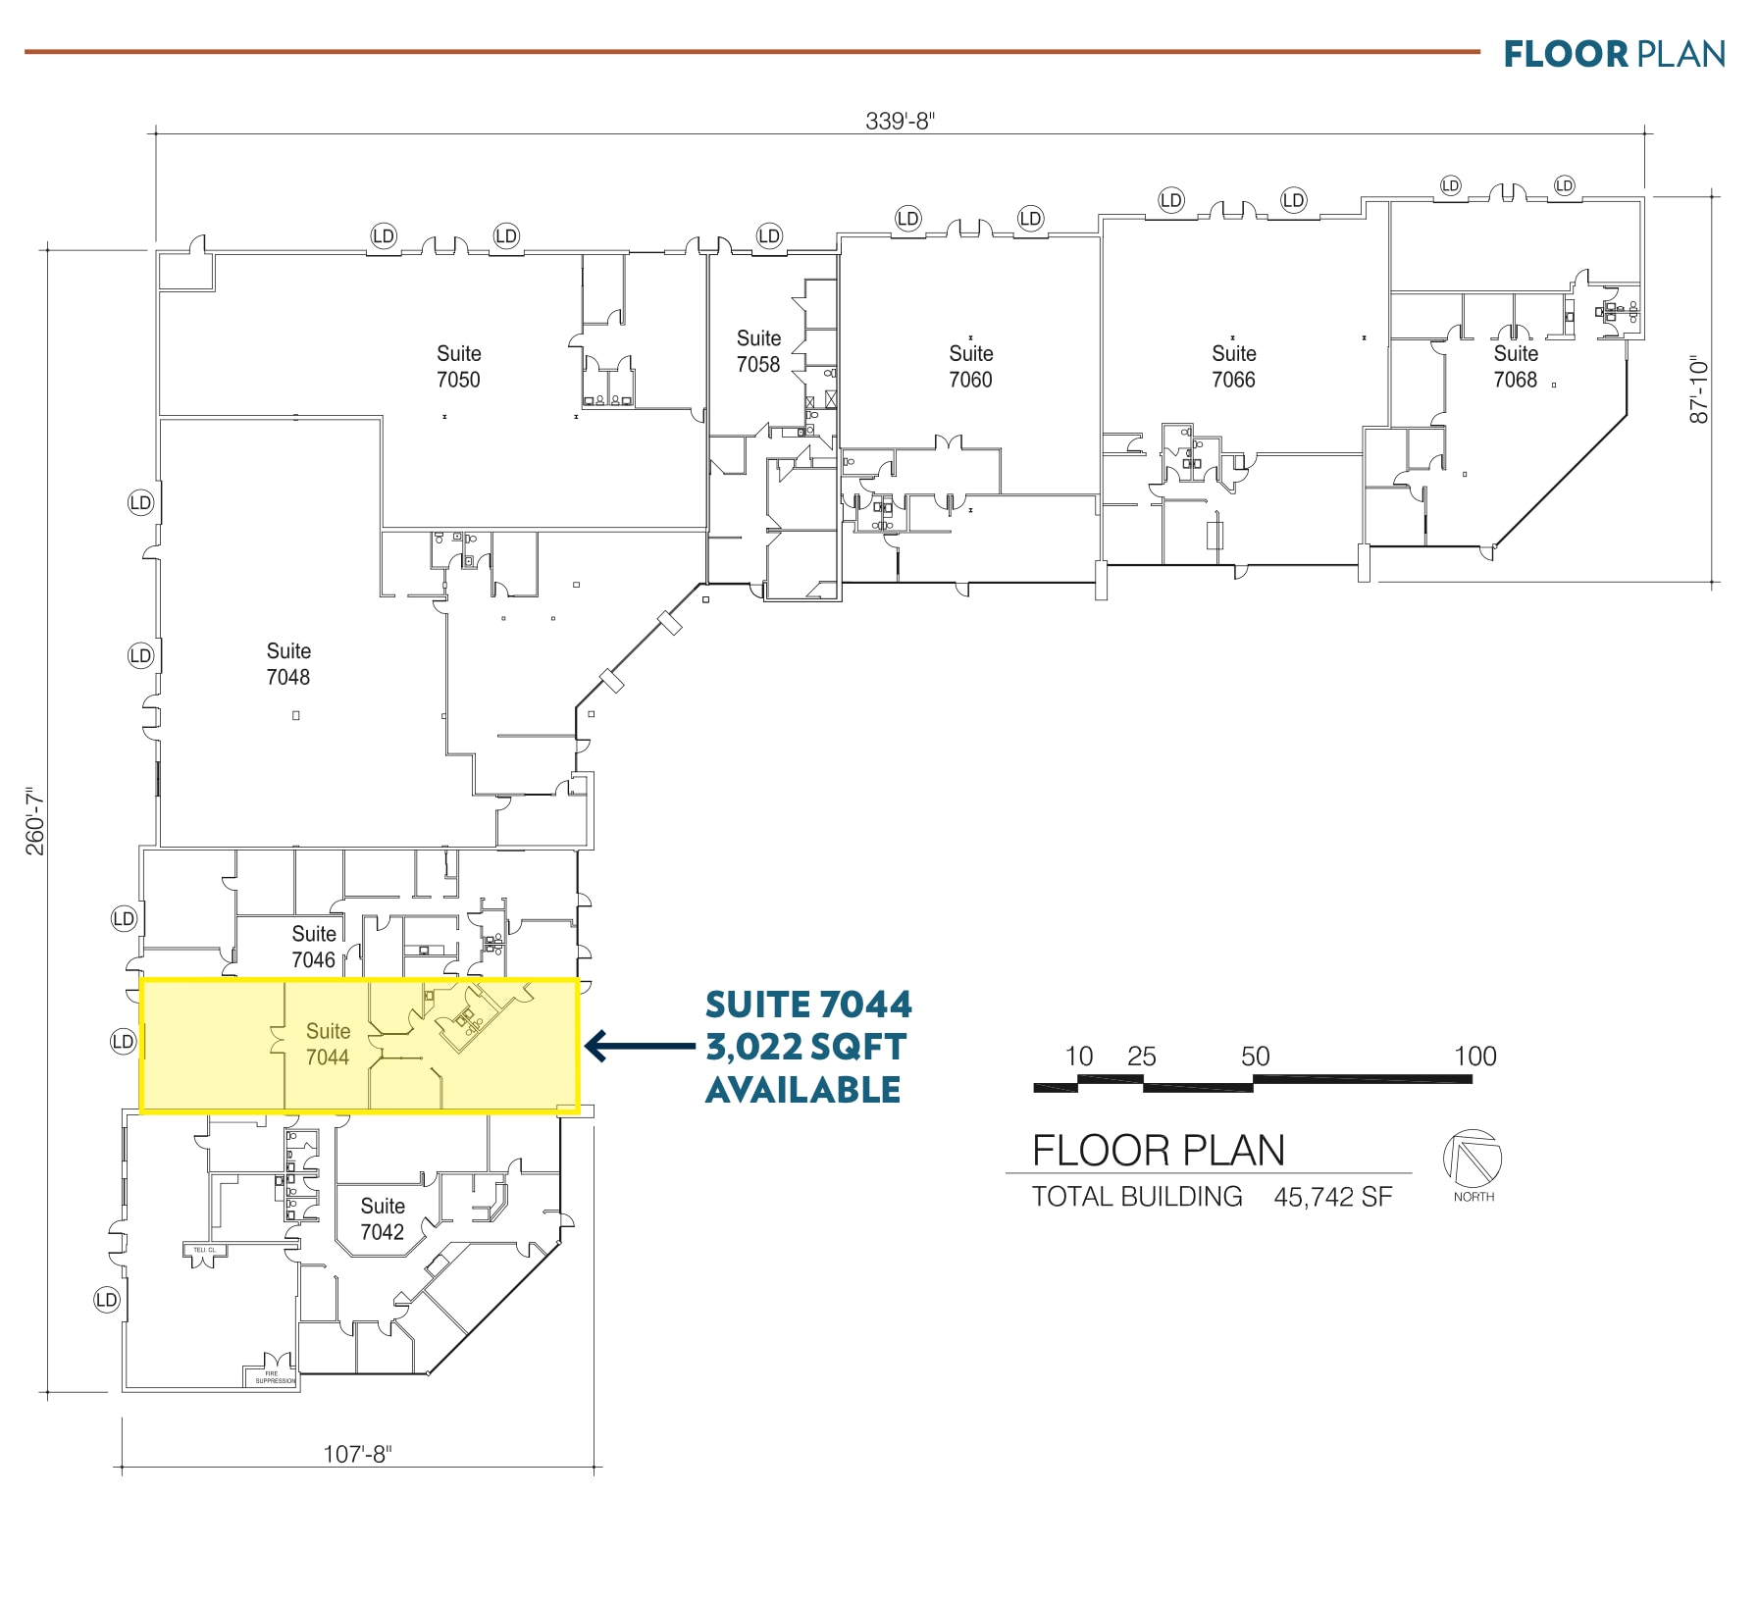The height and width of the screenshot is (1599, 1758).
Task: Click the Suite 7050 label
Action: pyautogui.click(x=458, y=366)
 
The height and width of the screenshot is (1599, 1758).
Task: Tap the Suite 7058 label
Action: pyautogui.click(x=758, y=351)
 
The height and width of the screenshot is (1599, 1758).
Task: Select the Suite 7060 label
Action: pyautogui.click(x=970, y=366)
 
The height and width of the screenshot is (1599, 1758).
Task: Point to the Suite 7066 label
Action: pyautogui.click(x=1233, y=366)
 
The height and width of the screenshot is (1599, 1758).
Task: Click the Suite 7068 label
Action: pyautogui.click(x=1515, y=366)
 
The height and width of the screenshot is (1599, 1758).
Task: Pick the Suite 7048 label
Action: pyautogui.click(x=288, y=664)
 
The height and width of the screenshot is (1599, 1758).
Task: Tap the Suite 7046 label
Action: pyautogui.click(x=314, y=947)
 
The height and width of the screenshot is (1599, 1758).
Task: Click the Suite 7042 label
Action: pyautogui.click(x=382, y=1218)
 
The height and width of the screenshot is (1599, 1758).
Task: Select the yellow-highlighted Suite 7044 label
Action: pyautogui.click(x=328, y=1044)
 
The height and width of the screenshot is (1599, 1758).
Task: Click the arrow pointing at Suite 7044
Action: pyautogui.click(x=639, y=1046)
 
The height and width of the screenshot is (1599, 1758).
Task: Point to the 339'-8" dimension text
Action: pyautogui.click(x=900, y=121)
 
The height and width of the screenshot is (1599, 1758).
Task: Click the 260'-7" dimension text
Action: pyautogui.click(x=35, y=820)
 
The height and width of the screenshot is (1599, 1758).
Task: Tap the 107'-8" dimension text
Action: pyautogui.click(x=357, y=1454)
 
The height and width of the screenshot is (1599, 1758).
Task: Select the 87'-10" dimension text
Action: pyautogui.click(x=1699, y=390)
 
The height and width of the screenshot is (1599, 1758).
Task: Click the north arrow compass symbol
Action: pyautogui.click(x=1472, y=1158)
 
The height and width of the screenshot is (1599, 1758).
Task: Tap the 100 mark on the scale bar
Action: pyautogui.click(x=1474, y=1057)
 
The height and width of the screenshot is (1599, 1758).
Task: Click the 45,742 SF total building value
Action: pyautogui.click(x=1332, y=1197)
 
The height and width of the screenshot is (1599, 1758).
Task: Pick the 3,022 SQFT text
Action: pyautogui.click(x=805, y=1048)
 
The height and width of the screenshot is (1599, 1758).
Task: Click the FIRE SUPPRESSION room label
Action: pyautogui.click(x=274, y=1377)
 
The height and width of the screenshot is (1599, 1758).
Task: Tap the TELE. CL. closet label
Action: pyautogui.click(x=204, y=1250)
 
